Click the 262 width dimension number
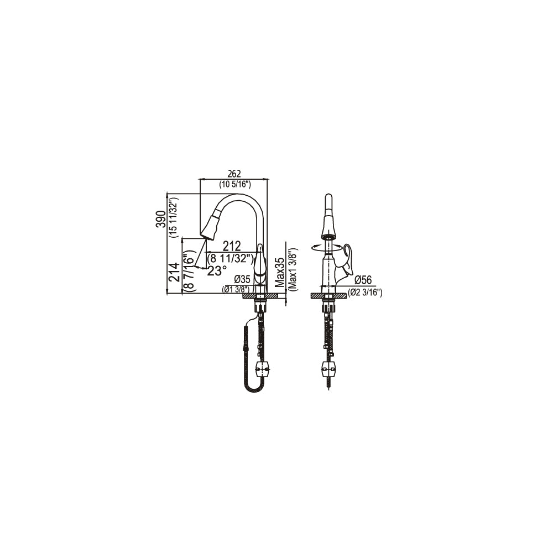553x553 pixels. [234, 174]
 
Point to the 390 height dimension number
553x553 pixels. [161, 219]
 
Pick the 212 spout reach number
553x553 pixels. [232, 246]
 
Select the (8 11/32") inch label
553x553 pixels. [230, 258]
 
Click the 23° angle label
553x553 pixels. [217, 270]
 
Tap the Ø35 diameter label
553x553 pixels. [242, 279]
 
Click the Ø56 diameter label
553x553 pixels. [363, 280]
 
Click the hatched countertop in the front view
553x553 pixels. [328, 295]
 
